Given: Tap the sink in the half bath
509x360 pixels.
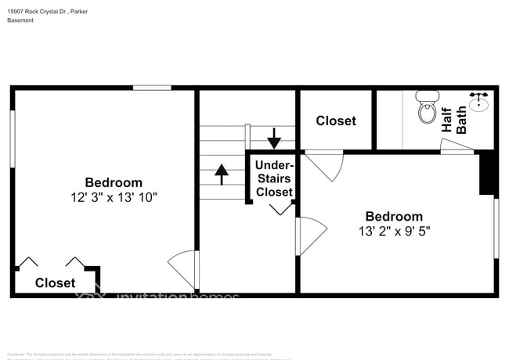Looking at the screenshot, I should pos(479,103).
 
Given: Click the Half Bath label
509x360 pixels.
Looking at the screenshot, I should pos(454,121).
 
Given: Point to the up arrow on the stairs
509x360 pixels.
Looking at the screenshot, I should pos(221,174).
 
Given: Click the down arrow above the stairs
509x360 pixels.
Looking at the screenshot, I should pos(274,138).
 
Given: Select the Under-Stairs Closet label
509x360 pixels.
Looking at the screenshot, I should pos(274,178).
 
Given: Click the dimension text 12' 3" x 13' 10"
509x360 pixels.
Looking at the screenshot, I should pos(114,198).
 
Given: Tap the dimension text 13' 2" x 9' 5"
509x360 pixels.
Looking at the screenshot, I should pos(394,231).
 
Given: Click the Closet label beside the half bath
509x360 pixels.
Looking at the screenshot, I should pos(336,121).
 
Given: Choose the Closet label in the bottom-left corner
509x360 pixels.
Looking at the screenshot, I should pos(55,283).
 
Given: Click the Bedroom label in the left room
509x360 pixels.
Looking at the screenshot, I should pos(114,182).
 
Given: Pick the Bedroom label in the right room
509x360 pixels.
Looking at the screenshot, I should pos(394,216).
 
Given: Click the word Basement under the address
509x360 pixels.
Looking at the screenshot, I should pos(20,20).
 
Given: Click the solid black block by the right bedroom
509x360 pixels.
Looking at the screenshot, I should pos(487,172).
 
